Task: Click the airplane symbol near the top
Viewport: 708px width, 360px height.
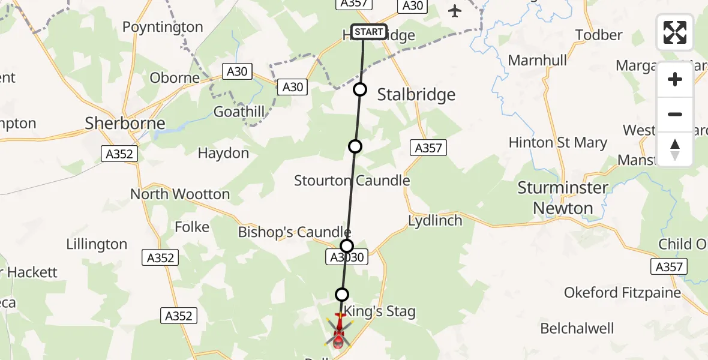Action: pos(455,11)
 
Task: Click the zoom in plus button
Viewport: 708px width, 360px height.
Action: pos(675,79)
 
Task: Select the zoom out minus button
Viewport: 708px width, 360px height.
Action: pos(675,114)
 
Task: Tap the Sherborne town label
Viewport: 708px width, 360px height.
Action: pos(125,124)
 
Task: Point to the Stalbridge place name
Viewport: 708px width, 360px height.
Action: pos(416,94)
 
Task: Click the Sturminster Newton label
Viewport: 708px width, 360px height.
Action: pos(563,198)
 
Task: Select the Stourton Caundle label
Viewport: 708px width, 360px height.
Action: pos(352,181)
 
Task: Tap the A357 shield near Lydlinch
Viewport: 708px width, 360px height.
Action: pos(428,148)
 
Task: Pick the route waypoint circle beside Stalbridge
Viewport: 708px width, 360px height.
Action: pos(359,90)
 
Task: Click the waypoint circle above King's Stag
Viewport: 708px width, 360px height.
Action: pos(341,294)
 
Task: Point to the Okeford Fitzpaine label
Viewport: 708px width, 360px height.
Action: pos(622,293)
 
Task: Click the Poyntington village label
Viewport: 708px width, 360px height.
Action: pos(163,27)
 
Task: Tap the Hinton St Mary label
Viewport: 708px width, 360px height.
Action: pos(557,143)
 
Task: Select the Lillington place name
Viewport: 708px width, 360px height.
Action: pos(97,244)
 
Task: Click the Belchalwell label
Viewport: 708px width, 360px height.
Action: pos(577,328)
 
